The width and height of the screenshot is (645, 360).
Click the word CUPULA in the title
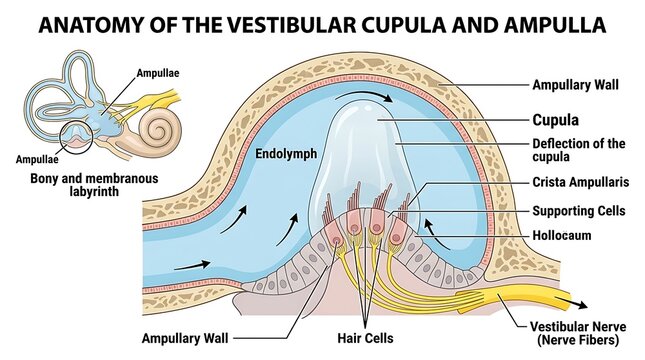coord(404,25)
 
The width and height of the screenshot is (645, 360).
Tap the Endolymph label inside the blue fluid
coord(286,154)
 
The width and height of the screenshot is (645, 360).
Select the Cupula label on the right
coord(555,120)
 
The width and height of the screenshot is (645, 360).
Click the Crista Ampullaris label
coord(581,182)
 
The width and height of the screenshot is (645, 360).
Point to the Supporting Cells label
coord(579,211)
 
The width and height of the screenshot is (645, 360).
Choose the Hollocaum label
coord(561,235)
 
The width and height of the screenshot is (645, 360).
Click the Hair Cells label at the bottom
coord(365,338)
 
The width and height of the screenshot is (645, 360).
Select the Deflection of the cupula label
coord(579,150)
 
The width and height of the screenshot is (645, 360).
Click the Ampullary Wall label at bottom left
coord(185,338)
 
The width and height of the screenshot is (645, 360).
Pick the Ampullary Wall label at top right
coord(575,85)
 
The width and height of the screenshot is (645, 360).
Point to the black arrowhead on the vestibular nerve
coord(580,305)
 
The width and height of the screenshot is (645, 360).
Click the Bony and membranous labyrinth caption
coord(94,185)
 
